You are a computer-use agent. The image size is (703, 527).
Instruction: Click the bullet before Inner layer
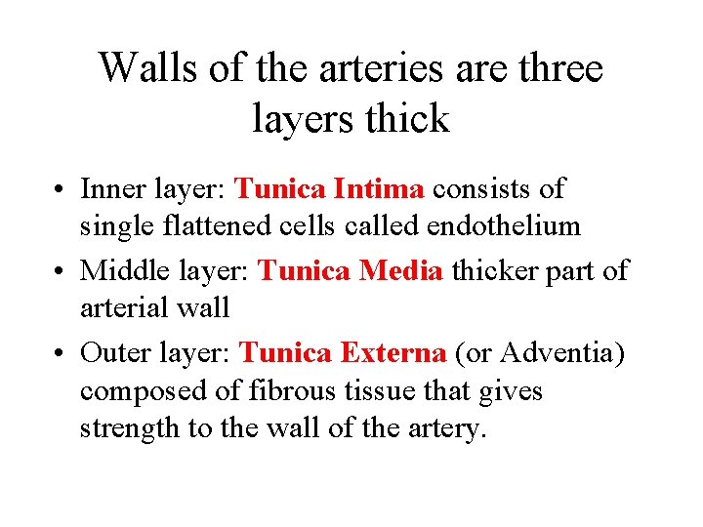tap(62, 188)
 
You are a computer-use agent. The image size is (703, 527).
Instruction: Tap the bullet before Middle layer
tap(62, 270)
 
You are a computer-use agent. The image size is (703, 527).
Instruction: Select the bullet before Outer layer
tap(62, 352)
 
